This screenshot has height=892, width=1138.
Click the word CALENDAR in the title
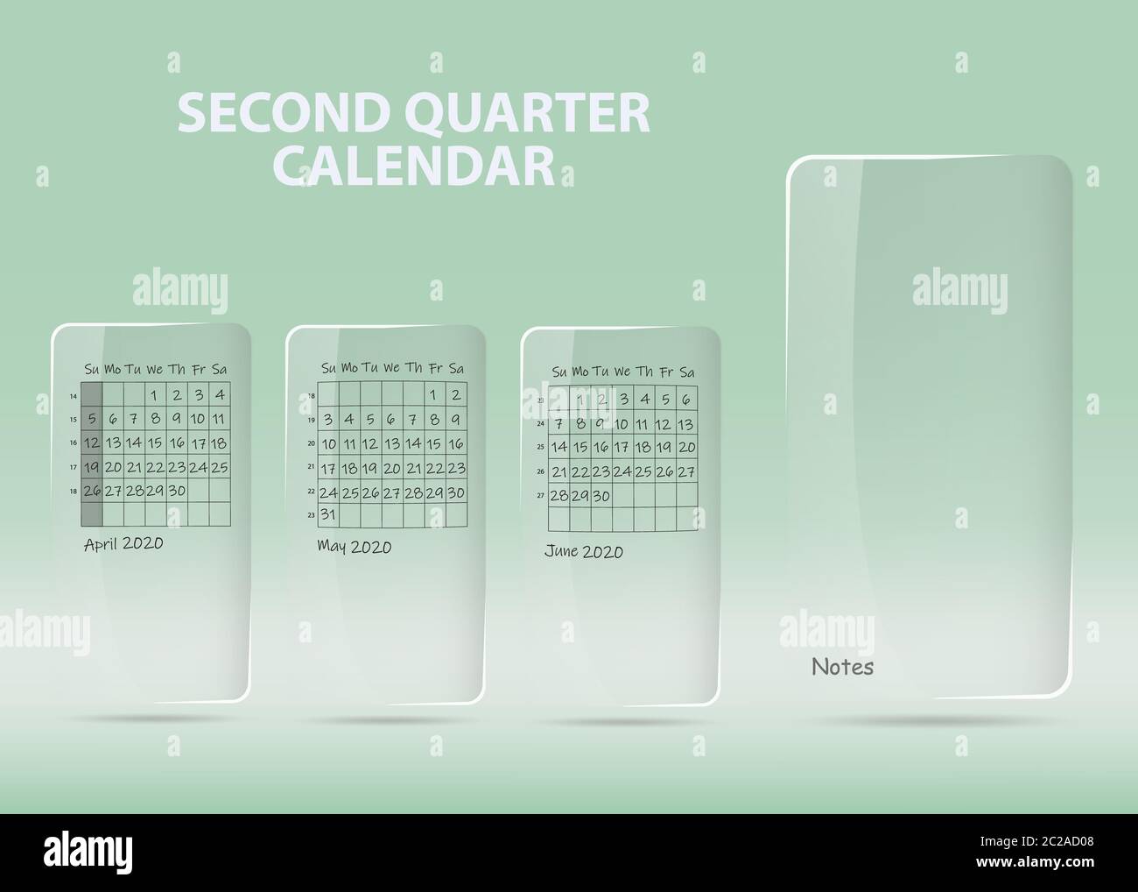(x=421, y=165)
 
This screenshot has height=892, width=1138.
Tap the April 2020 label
(x=123, y=543)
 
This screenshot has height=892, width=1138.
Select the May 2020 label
(x=354, y=547)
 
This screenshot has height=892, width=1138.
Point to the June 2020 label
(x=584, y=551)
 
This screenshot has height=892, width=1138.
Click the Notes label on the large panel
(x=842, y=667)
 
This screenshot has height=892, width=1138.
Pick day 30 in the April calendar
(x=176, y=491)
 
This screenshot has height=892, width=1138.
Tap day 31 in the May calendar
(x=328, y=514)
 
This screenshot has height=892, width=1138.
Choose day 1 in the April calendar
(x=154, y=395)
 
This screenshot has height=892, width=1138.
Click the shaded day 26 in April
(x=91, y=491)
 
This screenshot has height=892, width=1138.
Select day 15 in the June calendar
(x=580, y=447)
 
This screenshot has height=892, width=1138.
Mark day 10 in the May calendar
(x=328, y=444)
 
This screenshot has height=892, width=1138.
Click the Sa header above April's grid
(x=220, y=368)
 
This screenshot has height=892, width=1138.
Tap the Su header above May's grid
(x=328, y=367)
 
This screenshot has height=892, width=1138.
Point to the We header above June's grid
(x=622, y=372)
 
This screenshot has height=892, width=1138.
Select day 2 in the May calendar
(x=456, y=395)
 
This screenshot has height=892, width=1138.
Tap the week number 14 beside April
(x=73, y=396)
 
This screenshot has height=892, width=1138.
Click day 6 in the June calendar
(x=686, y=400)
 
